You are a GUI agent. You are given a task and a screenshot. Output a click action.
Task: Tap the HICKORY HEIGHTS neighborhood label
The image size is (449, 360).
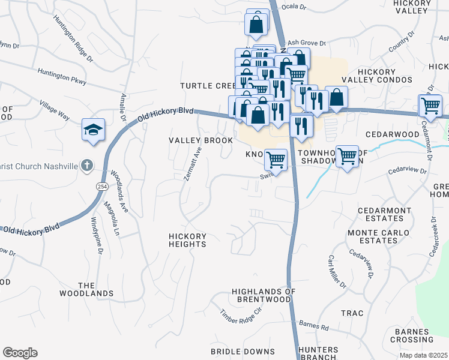tap(187, 240)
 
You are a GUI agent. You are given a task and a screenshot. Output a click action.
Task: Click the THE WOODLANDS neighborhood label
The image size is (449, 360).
tap(86, 289)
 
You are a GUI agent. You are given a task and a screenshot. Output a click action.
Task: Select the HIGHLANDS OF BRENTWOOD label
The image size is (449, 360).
tap(264, 295)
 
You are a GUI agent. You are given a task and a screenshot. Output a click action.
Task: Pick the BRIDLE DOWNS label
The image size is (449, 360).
tap(243, 352)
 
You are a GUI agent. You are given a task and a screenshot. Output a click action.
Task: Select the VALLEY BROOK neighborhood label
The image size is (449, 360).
tap(200, 140)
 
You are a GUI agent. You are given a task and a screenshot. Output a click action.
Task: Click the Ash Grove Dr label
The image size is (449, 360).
tap(306, 43)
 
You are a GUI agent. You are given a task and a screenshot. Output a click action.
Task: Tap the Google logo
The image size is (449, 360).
tap(20, 353)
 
